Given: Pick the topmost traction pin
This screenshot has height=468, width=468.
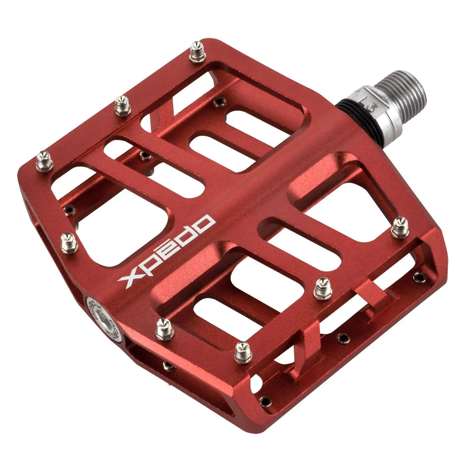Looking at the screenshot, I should point(196,49).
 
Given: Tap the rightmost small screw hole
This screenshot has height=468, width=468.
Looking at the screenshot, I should point(419,276).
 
